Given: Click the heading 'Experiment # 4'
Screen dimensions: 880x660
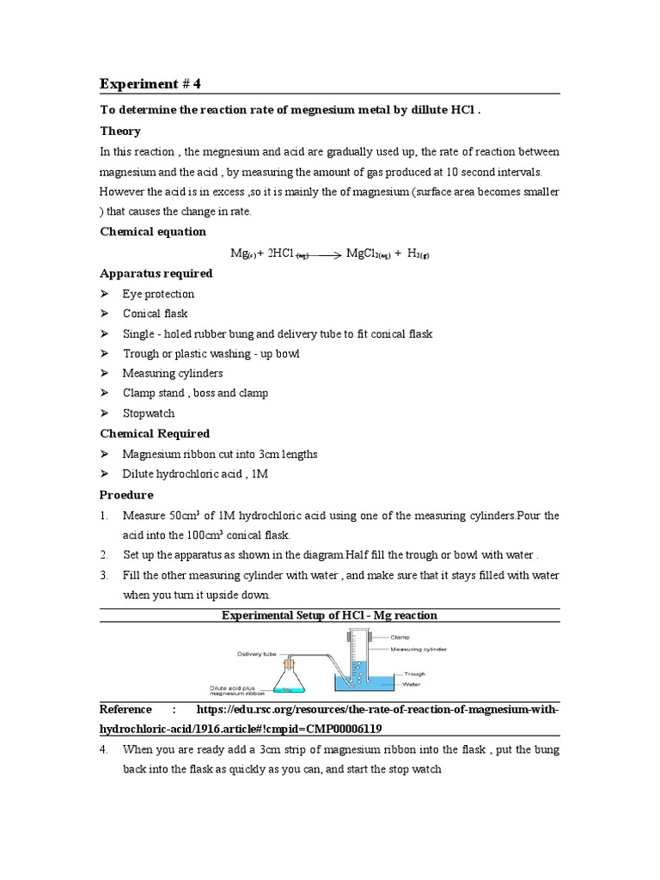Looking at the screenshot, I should click(151, 83).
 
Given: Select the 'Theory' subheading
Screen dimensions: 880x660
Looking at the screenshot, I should click(120, 131).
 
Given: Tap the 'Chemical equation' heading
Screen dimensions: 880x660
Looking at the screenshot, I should click(153, 232).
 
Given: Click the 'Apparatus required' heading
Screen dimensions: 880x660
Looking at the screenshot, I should click(156, 273).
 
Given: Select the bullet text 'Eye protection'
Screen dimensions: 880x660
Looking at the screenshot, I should click(158, 294).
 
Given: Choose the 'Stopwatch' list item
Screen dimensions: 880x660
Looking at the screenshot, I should click(148, 413).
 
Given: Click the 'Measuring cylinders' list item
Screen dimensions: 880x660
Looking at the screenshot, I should click(172, 373).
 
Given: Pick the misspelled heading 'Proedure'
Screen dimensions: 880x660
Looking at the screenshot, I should click(127, 495).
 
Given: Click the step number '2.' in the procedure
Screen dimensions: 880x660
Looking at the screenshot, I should click(104, 554).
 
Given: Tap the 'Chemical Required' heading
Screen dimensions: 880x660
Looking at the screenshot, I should click(155, 433).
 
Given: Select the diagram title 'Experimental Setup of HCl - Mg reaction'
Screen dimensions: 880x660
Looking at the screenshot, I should click(329, 615).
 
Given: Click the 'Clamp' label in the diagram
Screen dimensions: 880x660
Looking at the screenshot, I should click(400, 638).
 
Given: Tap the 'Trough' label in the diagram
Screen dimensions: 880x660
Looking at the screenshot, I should click(414, 675).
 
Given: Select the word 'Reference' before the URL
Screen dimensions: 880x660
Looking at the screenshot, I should click(125, 710).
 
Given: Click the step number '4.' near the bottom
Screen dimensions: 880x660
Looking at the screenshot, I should click(104, 749).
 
